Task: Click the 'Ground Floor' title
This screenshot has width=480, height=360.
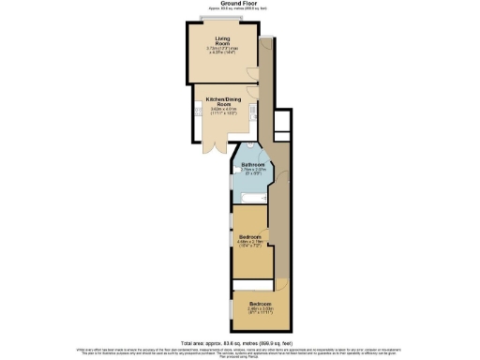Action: (240, 5)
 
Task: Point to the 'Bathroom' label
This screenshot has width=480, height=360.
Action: (253, 165)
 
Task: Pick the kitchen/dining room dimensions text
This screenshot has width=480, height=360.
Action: (217, 112)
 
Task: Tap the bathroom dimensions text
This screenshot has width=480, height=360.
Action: (253, 172)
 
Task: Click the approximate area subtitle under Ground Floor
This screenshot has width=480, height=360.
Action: (240, 9)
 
